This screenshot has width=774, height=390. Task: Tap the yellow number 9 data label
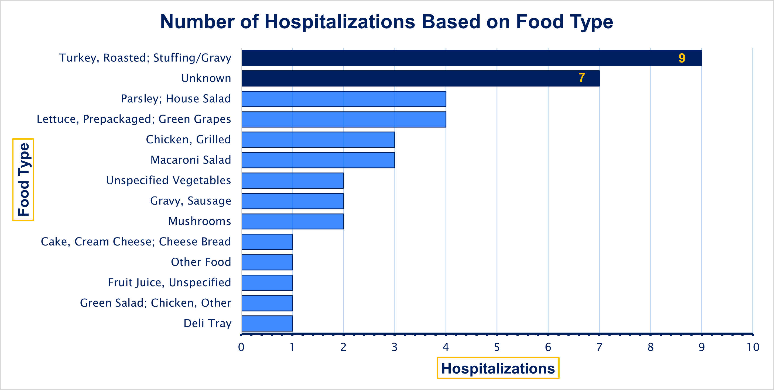(682, 58)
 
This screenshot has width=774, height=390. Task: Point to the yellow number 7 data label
(581, 78)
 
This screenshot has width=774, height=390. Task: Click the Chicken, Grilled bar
(318, 140)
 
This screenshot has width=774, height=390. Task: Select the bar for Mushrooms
(292, 221)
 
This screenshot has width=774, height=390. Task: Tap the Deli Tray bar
(267, 323)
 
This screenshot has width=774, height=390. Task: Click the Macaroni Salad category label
(191, 160)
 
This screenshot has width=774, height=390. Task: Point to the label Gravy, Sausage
(191, 201)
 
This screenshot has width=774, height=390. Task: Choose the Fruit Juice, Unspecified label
(169, 282)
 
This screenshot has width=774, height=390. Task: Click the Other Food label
(201, 262)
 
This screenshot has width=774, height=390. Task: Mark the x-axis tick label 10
(753, 347)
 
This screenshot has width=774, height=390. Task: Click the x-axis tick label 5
(497, 347)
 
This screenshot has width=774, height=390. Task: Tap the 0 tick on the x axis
(241, 347)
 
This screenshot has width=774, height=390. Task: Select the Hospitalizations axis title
(498, 368)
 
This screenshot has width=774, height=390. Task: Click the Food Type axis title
(23, 180)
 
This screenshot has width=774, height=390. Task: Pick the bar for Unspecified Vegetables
(292, 180)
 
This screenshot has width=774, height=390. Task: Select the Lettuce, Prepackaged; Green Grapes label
(134, 119)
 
